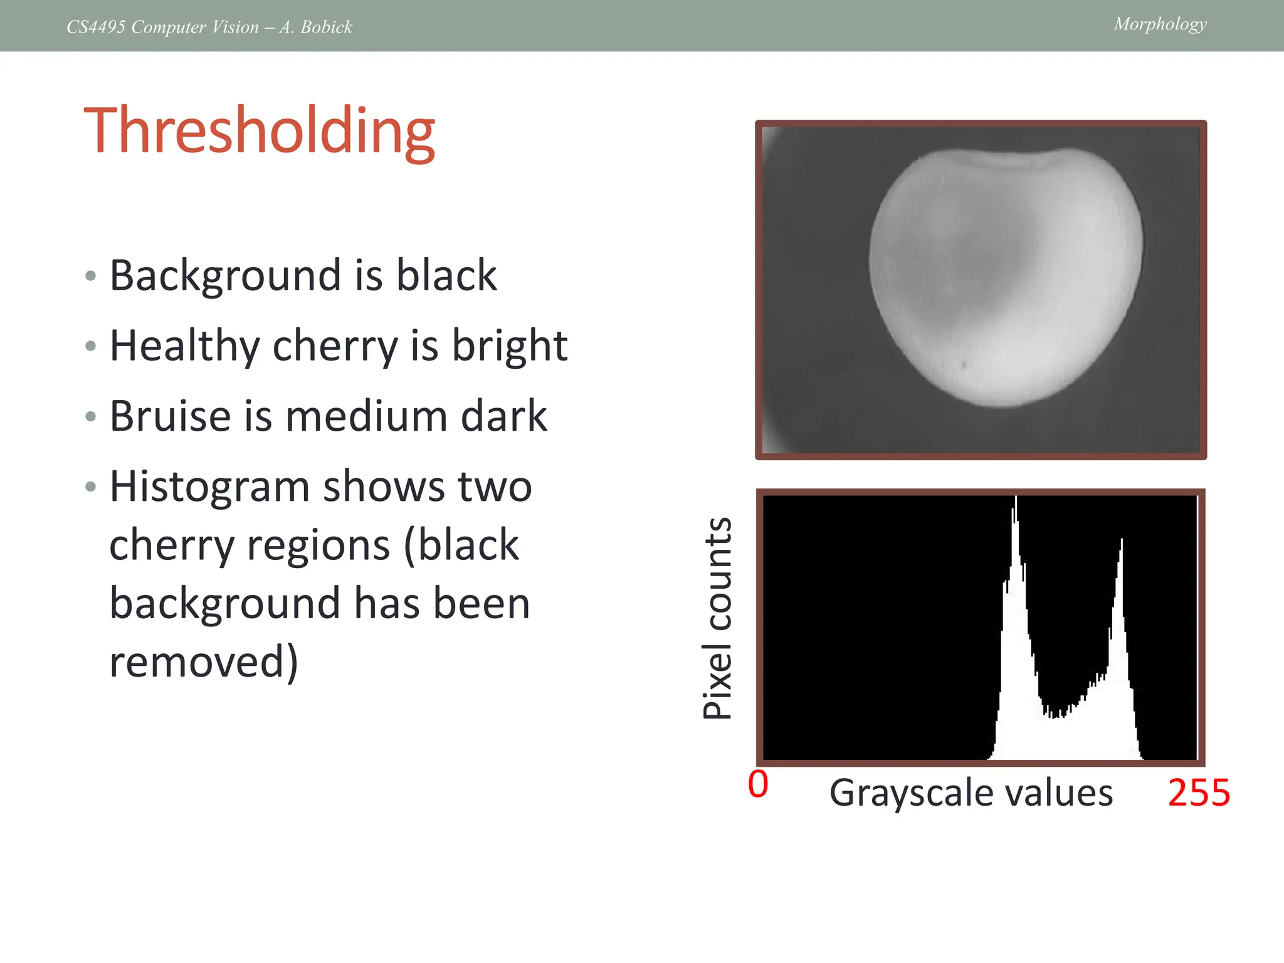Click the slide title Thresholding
(259, 131)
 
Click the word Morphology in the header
(1160, 24)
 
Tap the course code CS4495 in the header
(96, 27)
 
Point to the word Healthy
(184, 346)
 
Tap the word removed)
(203, 661)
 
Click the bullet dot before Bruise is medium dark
(91, 416)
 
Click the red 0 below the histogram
(758, 784)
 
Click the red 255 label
(1199, 792)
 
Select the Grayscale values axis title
(971, 792)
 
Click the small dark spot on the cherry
(964, 364)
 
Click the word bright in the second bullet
(509, 346)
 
